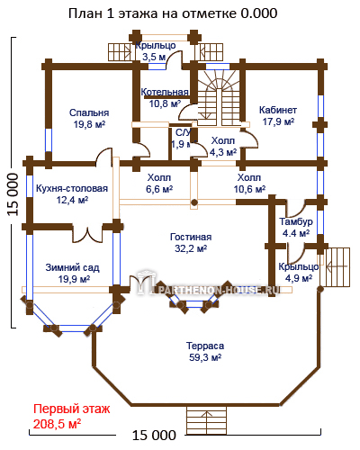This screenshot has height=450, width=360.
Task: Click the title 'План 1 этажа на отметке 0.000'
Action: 173,13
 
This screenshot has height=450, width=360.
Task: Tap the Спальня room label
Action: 89,118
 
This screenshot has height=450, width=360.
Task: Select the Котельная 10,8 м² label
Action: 165,98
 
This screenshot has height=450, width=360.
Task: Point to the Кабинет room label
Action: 278,116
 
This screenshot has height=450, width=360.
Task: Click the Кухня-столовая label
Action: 72,194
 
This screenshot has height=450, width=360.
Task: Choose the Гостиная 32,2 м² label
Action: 191,243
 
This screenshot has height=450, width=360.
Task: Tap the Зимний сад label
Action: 72,274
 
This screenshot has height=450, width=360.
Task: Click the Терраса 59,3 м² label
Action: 205,352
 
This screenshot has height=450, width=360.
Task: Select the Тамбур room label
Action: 296,227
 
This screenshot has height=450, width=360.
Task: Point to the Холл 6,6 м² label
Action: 159,184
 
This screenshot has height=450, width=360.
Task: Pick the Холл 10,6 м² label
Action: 249,184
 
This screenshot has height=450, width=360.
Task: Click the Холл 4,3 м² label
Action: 223,147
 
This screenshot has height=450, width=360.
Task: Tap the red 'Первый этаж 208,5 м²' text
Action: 72,417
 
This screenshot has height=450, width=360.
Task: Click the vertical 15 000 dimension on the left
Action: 13,194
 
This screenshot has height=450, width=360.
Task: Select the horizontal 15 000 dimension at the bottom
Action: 154,435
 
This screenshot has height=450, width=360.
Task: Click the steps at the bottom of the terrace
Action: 206,420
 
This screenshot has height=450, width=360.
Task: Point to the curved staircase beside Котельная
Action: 219,98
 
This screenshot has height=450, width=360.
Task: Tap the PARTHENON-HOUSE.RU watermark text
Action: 217,290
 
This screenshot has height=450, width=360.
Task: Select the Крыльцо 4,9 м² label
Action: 299,273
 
